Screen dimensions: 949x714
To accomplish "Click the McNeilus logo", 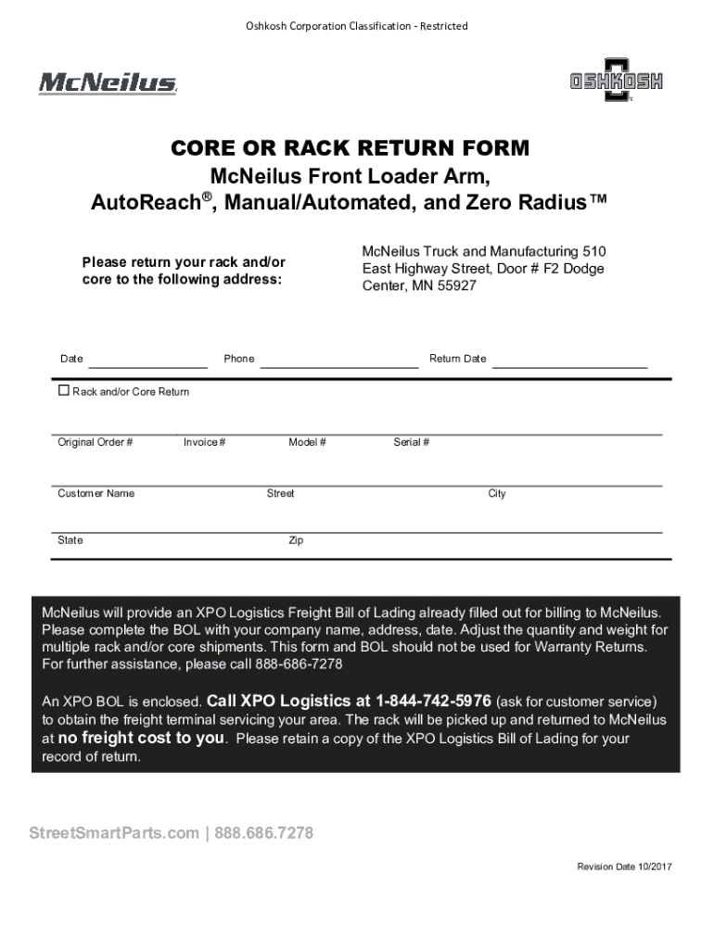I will point(107,83).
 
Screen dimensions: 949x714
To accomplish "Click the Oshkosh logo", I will point(616,82).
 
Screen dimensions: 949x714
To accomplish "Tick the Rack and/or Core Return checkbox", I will point(64,391).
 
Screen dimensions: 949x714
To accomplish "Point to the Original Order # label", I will point(95,443).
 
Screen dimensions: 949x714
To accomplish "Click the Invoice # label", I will point(204,443).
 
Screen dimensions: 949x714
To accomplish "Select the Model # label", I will point(307,443).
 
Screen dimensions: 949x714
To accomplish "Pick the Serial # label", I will point(411,443).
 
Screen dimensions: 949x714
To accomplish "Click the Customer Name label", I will point(96,494).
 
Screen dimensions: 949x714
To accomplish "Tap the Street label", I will point(280,494).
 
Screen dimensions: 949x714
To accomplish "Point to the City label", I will point(497,494).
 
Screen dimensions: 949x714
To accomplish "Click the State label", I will point(70,540).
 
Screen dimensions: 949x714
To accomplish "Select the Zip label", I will point(295,540).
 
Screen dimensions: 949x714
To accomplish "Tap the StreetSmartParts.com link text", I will point(114,833).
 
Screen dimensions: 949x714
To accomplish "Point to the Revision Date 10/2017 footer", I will point(624,867).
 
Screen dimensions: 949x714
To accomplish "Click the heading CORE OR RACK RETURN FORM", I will point(350,148).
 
